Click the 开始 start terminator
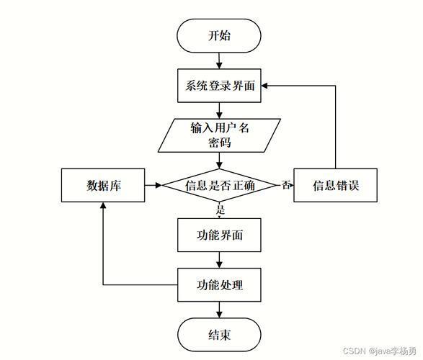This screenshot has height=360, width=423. tap(219, 35)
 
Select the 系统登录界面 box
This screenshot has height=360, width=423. tap(219, 86)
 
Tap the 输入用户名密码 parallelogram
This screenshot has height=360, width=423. tap(219, 135)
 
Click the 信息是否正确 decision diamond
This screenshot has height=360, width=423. tap(219, 185)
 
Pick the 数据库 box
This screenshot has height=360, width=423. tap(103, 185)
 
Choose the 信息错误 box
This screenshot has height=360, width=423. tap(335, 185)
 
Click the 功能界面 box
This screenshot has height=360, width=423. tap(219, 235)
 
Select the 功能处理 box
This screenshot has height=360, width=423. tap(219, 285)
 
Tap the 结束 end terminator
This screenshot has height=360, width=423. tap(219, 335)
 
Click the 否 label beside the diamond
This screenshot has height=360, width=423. tap(287, 185)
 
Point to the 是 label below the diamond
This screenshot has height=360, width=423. tap(221, 210)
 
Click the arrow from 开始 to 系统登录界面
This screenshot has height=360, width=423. tap(219, 61)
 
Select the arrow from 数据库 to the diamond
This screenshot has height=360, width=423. tap(153, 185)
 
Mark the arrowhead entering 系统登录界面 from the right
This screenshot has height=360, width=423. tap(264, 86)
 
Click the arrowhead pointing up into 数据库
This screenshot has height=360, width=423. tap(103, 205)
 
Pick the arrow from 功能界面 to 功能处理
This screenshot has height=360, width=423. tap(219, 260)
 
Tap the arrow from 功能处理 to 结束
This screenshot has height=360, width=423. tap(219, 310)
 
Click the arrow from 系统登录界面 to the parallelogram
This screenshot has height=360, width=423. tap(219, 111)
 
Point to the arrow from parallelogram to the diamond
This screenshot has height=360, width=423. tap(219, 161)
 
